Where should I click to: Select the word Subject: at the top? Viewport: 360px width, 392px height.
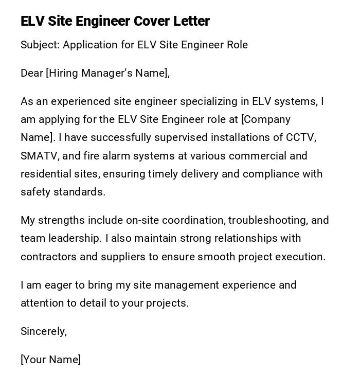(40, 45)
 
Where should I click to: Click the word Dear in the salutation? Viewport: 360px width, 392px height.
(32, 73)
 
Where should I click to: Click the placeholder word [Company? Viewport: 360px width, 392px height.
(266, 119)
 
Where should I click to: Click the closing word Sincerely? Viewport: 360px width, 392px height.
(44, 331)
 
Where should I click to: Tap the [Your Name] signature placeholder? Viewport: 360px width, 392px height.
(50, 360)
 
